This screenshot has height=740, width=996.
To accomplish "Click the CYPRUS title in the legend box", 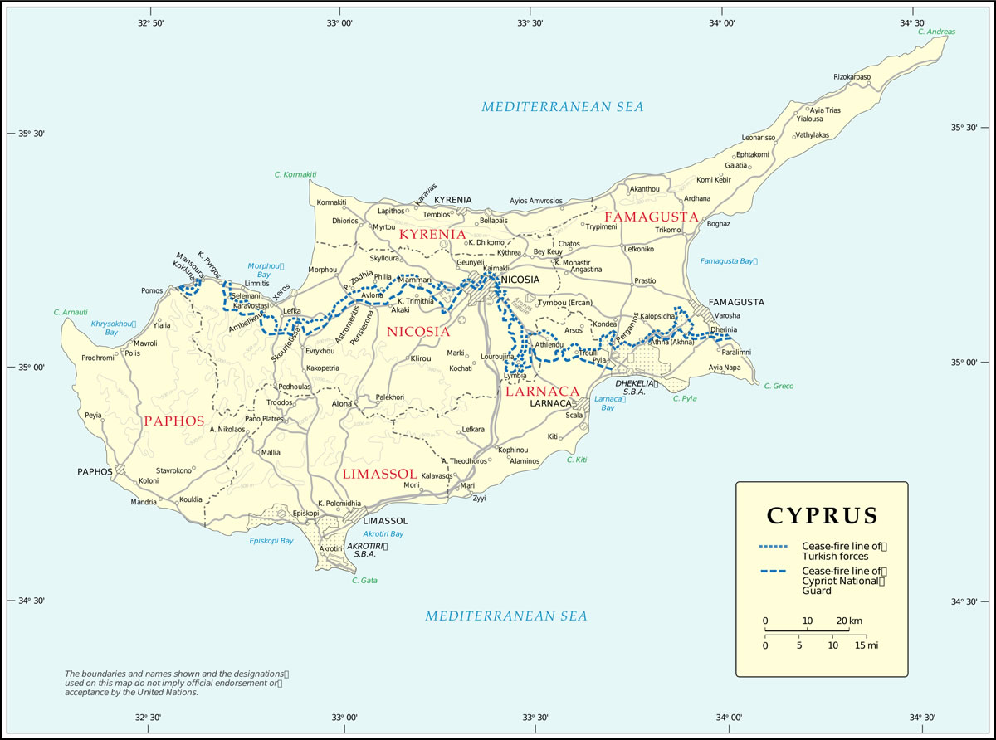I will point(822,515).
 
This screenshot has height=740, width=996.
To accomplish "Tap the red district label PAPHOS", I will point(173,421).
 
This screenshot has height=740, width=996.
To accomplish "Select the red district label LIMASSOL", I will point(378,473).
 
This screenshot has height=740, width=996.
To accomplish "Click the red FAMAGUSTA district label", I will point(651,216).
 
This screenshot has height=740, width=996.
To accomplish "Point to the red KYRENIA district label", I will point(432,235).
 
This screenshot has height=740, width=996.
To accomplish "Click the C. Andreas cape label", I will point(937,32).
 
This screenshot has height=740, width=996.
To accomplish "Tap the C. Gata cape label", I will point(364,580).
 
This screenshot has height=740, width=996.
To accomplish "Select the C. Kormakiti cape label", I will point(295,174).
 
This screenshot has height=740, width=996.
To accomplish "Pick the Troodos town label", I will point(279,402).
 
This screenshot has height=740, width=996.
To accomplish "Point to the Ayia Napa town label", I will point(725,367).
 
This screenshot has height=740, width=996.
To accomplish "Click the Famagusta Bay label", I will point(729,261).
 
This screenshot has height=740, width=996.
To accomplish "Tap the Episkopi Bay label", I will point(271,541).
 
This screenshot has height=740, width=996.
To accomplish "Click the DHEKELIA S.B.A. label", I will point(637,387).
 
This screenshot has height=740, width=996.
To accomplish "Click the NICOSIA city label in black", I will point(520,280).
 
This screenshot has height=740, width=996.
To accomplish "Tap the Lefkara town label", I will point(473,429).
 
